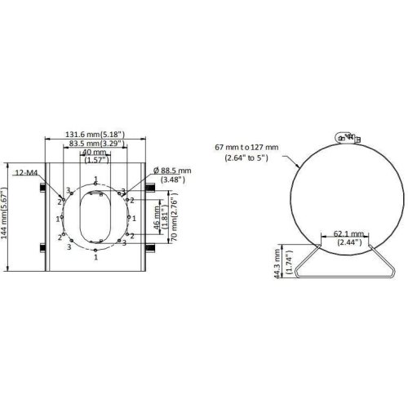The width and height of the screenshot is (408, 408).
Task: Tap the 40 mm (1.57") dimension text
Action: pyautogui.click(x=96, y=157)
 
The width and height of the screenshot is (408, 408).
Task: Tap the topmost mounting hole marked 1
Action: pyautogui.click(x=96, y=184)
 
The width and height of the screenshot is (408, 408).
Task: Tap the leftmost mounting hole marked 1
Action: pyautogui.click(x=63, y=219)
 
